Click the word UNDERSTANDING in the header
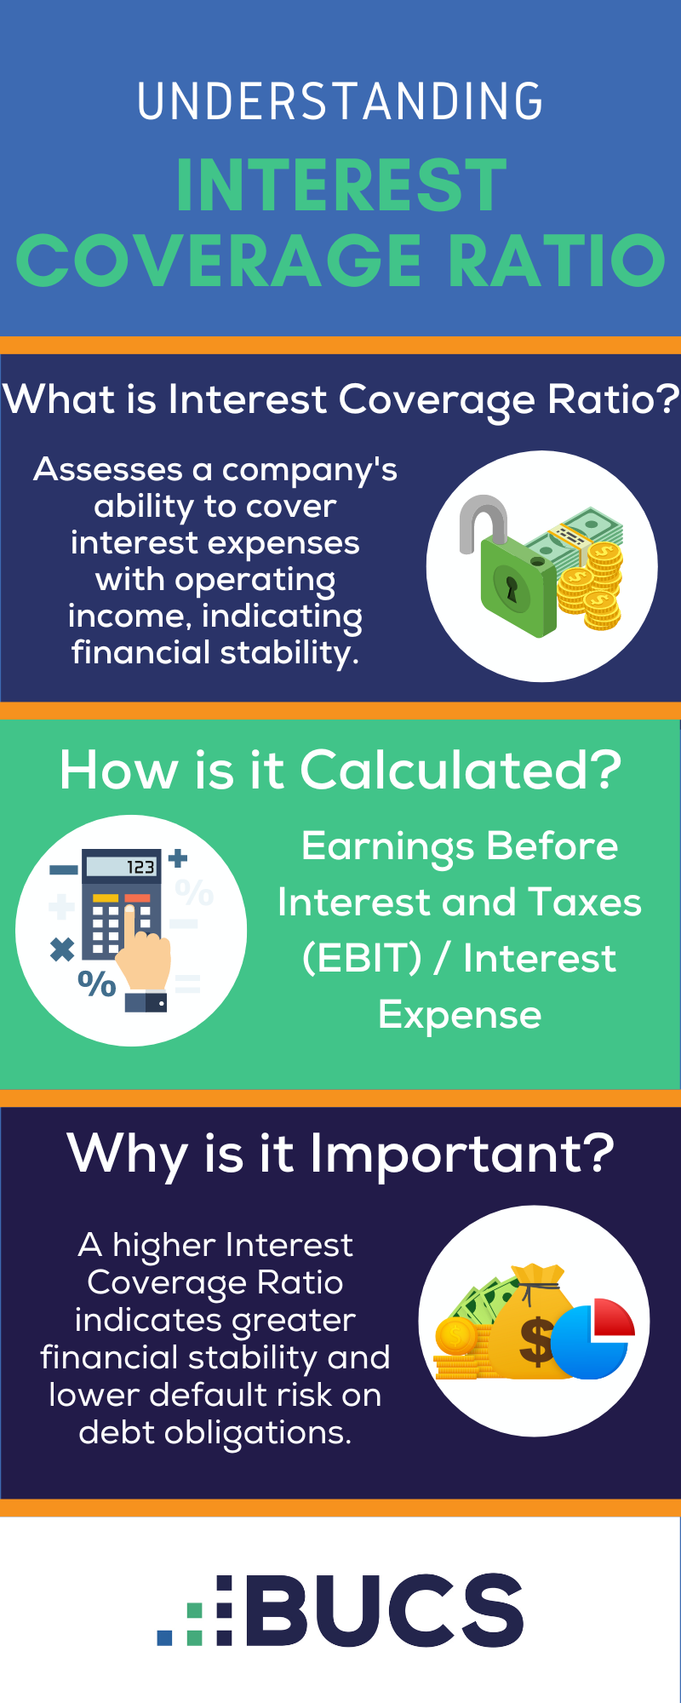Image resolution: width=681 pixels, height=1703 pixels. tap(340, 101)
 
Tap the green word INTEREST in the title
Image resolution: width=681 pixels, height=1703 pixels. tap(341, 186)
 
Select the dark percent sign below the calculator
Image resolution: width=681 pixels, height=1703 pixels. tap(96, 984)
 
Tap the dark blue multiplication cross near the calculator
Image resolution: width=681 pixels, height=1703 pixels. tap(62, 949)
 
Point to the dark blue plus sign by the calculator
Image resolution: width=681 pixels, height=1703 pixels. tap(177, 858)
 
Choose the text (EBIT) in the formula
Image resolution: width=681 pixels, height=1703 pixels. tap(363, 958)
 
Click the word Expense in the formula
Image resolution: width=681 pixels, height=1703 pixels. tap(460, 1014)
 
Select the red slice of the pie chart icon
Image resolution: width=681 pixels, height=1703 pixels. tap(613, 1316)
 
